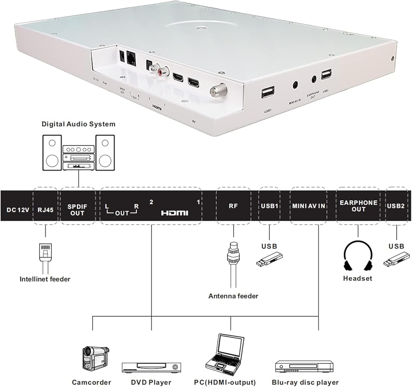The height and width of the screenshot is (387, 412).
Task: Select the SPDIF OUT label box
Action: click(77, 210)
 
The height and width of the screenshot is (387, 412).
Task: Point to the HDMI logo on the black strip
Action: click(174, 213)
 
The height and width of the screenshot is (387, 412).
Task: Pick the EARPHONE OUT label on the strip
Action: click(358, 206)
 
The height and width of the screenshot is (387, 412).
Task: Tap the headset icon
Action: click(358, 255)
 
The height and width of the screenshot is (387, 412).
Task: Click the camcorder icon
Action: click(95, 357)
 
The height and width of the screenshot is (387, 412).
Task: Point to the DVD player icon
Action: click(151, 367)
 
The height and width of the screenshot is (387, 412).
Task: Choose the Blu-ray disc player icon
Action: click(304, 366)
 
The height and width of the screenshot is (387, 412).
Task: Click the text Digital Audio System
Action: click(78, 124)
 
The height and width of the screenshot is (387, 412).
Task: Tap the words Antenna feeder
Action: click(233, 296)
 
